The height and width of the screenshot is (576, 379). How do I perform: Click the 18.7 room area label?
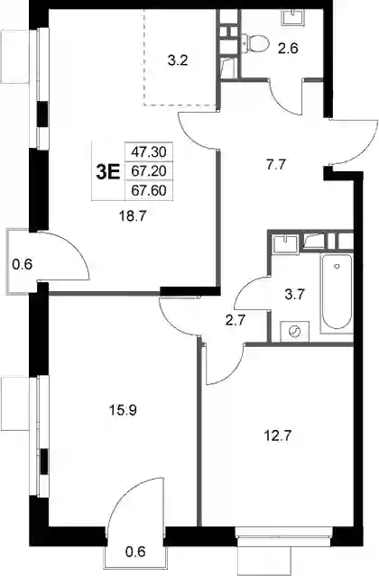[x=133, y=216]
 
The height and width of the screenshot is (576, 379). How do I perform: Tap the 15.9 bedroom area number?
[x=123, y=409]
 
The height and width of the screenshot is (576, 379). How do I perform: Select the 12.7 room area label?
[x=278, y=436]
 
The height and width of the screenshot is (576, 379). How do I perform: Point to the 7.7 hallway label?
[x=276, y=165]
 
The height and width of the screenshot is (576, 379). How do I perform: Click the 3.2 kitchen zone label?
[x=178, y=60]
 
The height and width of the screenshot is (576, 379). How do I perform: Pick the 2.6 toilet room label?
[x=288, y=48]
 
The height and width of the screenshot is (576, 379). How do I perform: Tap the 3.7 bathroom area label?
[x=295, y=294]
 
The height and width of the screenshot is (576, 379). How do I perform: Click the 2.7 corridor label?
[x=235, y=320]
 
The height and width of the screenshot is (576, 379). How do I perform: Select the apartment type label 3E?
[x=108, y=172]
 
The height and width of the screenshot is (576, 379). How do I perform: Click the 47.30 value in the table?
[x=149, y=151]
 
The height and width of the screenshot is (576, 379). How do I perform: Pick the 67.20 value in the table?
[x=149, y=170]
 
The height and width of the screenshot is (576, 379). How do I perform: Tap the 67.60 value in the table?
[x=149, y=191]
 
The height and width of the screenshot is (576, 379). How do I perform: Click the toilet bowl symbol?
[x=255, y=43]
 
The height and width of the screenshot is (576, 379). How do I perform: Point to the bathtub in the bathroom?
[x=337, y=292]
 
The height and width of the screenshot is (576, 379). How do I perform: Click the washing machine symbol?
[x=294, y=332]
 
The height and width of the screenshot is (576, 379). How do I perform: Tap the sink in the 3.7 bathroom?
[x=285, y=243]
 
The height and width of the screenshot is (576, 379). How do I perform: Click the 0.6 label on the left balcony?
[x=22, y=264]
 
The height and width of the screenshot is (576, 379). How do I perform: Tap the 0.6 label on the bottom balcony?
[x=135, y=552]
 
